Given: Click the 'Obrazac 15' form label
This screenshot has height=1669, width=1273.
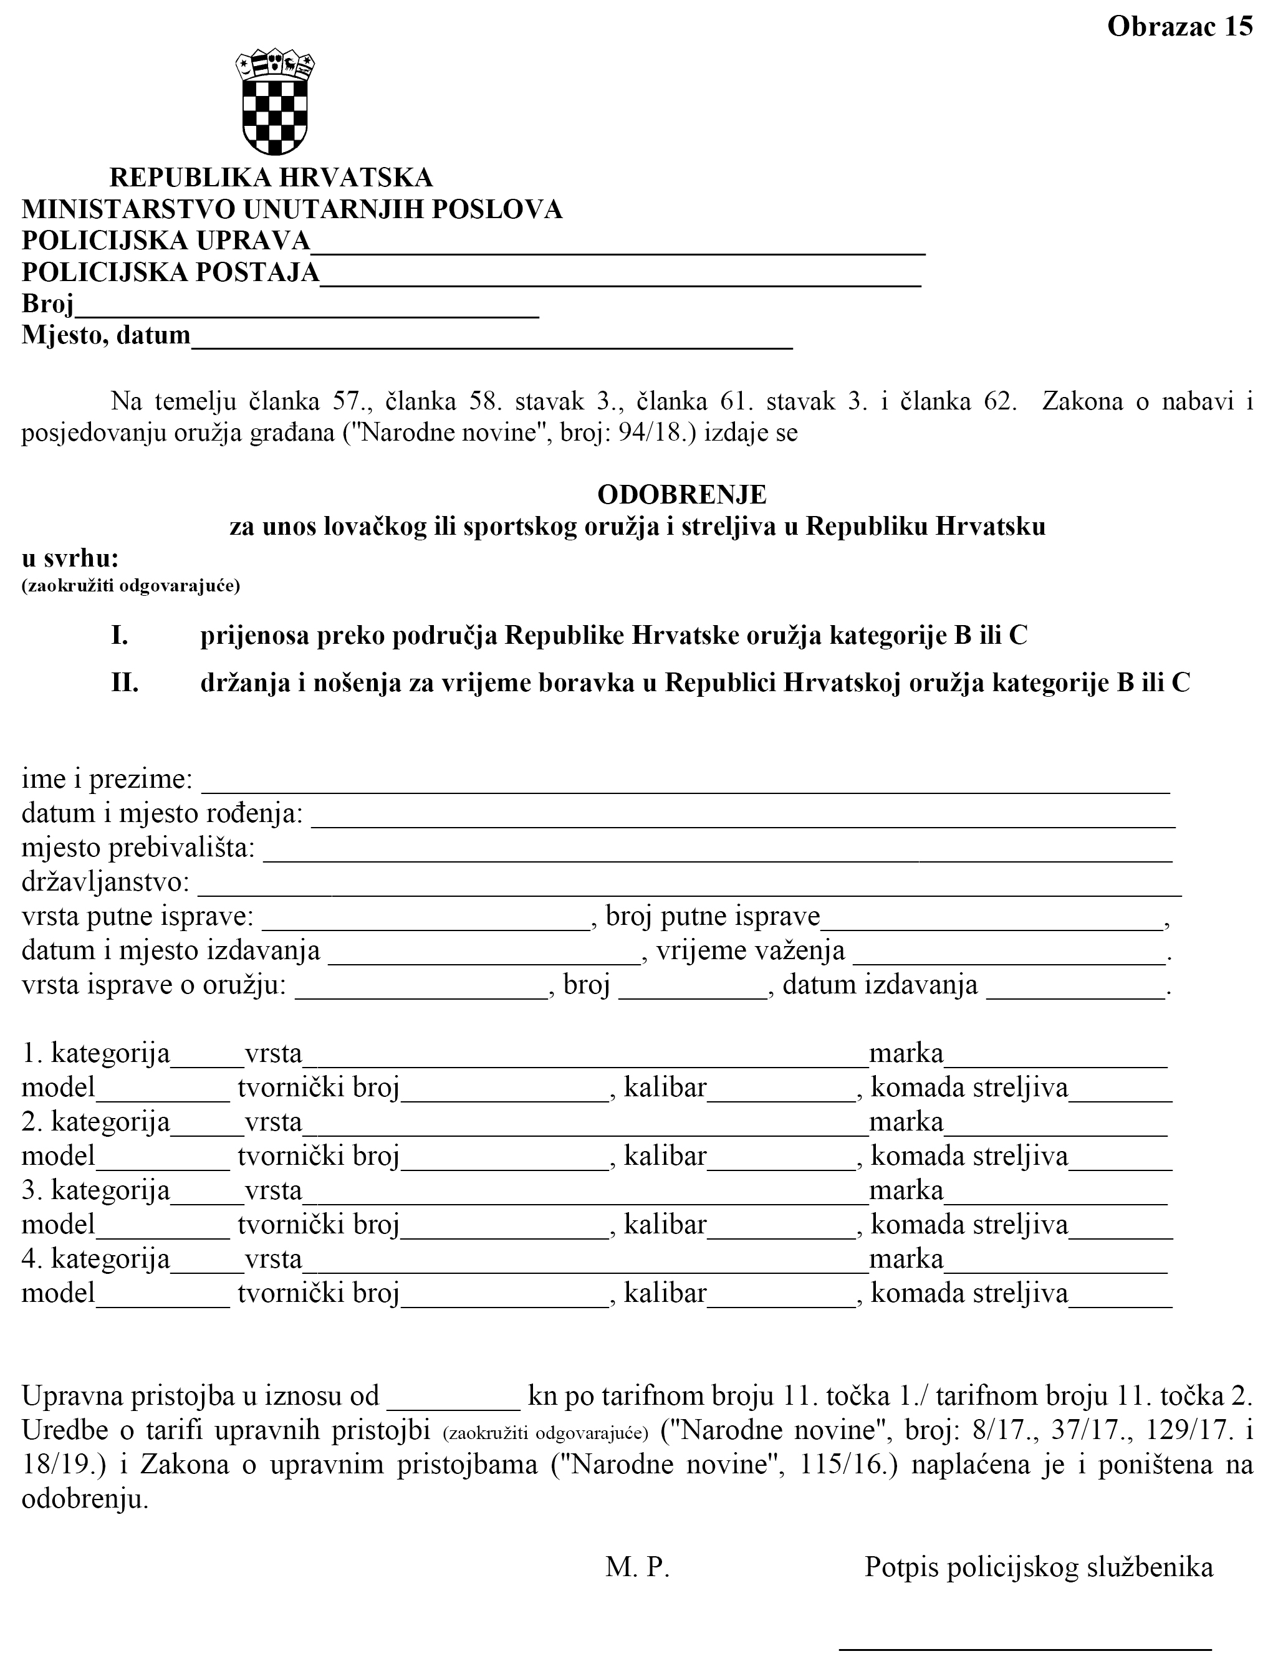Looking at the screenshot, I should click(x=1179, y=27).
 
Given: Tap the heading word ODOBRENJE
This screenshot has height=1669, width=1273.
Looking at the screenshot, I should click(x=681, y=495).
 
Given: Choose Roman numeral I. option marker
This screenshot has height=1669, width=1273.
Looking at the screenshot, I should click(x=120, y=636).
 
